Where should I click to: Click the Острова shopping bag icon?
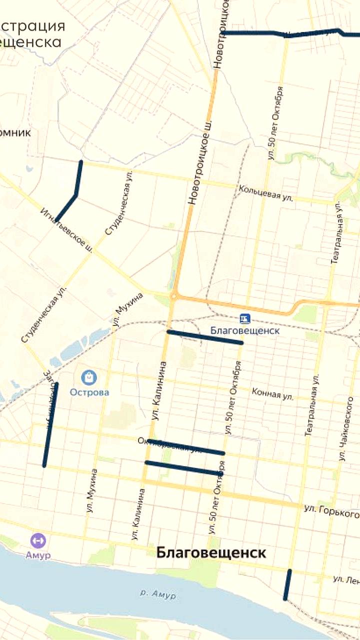pyautogui.click(x=89, y=377)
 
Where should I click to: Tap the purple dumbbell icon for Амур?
pyautogui.click(x=37, y=540)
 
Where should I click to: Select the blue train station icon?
pyautogui.click(x=244, y=318)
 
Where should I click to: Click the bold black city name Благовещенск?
pyautogui.click(x=211, y=553)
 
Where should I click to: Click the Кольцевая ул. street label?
pyautogui.click(x=265, y=193)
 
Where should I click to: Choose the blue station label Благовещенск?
pyautogui.click(x=244, y=330)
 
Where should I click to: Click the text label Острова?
pyautogui.click(x=89, y=392)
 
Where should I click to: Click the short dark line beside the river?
pyautogui.click(x=287, y=584)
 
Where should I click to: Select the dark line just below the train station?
pyautogui.click(x=205, y=337)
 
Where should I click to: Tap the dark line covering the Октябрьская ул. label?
pyautogui.click(x=186, y=446)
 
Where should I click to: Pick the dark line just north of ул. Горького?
pyautogui.click(x=183, y=467)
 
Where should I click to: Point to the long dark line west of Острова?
pyautogui.click(x=50, y=424)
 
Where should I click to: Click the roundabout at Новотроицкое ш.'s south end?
pyautogui.click(x=173, y=296)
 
